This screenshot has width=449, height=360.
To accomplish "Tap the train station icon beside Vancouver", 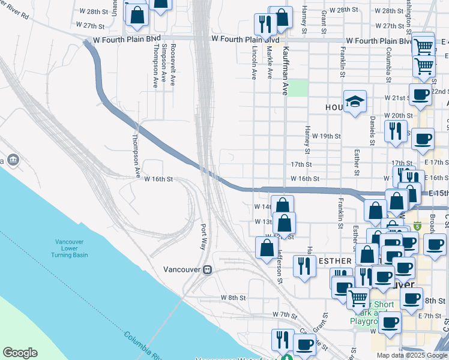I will tap(208, 270).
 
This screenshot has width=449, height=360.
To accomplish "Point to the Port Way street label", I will tap(203, 237).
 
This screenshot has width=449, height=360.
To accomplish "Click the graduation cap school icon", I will tap(355, 102).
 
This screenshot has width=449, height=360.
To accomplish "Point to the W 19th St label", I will tap(326, 137).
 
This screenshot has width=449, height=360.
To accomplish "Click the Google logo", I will tap(20, 353).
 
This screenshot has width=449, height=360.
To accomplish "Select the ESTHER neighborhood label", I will tap(336, 261).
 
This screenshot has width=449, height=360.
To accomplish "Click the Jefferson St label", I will tap(280, 267).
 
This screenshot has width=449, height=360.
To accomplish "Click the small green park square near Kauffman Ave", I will tap(299, 88).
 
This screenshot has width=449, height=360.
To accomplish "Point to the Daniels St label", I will tap(373, 130).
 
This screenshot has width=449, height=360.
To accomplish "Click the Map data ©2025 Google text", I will tap(412, 355).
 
